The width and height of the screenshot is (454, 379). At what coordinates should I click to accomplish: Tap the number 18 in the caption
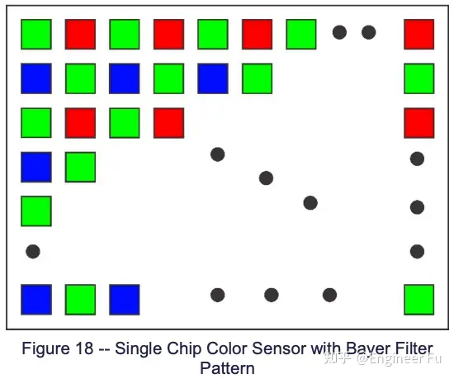coord(84,348)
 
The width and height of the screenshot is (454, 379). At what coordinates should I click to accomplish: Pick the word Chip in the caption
coord(182,348)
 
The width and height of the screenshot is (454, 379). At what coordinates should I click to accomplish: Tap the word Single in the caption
coord(139,349)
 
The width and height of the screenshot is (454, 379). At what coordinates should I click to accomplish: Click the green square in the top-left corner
coord(36,34)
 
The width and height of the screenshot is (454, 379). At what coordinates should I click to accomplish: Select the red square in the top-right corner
coord(419,34)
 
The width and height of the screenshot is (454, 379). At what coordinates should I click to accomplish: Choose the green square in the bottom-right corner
coord(419,300)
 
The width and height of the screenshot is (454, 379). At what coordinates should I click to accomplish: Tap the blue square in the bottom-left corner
coord(36,300)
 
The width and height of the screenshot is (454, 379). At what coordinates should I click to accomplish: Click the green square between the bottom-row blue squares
coord(81,300)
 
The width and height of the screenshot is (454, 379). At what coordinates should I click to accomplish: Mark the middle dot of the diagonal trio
coord(266,178)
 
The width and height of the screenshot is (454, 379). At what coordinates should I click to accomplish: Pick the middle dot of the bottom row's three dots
coord(272,295)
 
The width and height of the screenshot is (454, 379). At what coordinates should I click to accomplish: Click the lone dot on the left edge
coord(33,251)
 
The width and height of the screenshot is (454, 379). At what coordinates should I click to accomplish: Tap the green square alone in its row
coord(36,211)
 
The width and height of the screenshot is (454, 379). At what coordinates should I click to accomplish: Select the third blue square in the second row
coord(213,78)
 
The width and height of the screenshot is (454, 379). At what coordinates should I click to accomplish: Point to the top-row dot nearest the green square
coord(339,32)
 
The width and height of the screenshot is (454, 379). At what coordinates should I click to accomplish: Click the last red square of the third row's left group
coord(168,123)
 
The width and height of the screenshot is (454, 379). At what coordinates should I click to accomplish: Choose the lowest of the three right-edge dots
coord(417,251)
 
